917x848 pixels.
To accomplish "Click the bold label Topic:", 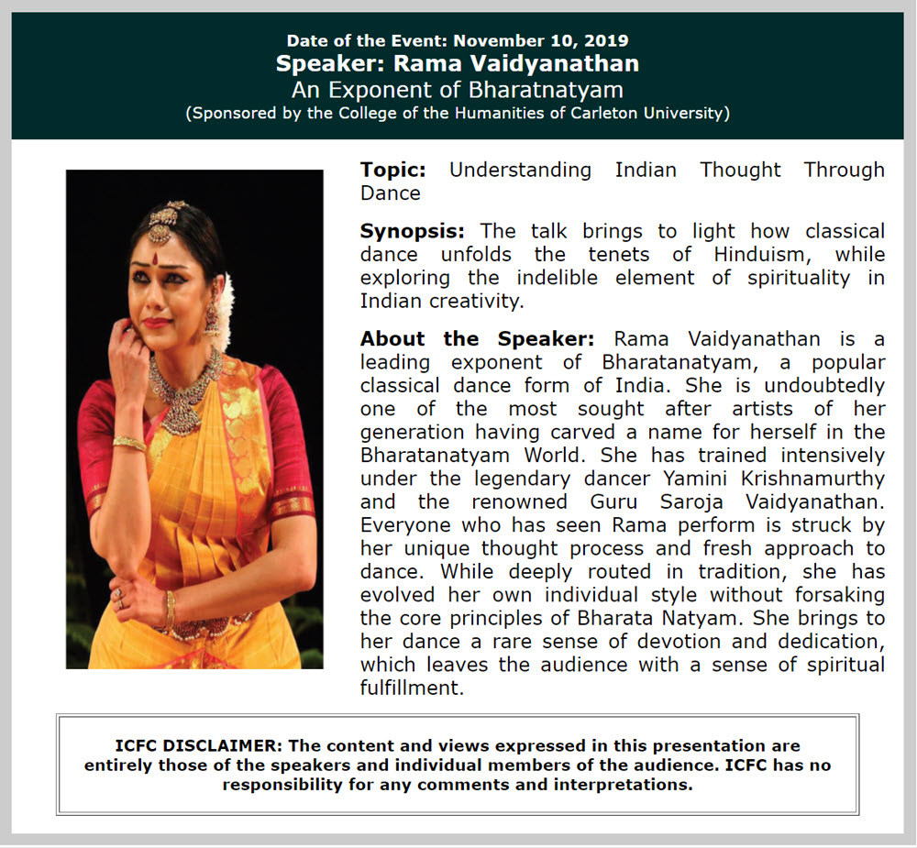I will [393, 170].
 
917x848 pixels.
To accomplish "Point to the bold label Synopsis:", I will [413, 230].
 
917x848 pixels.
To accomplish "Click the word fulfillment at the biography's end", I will [412, 688].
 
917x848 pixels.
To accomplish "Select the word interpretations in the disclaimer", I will [622, 785].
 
